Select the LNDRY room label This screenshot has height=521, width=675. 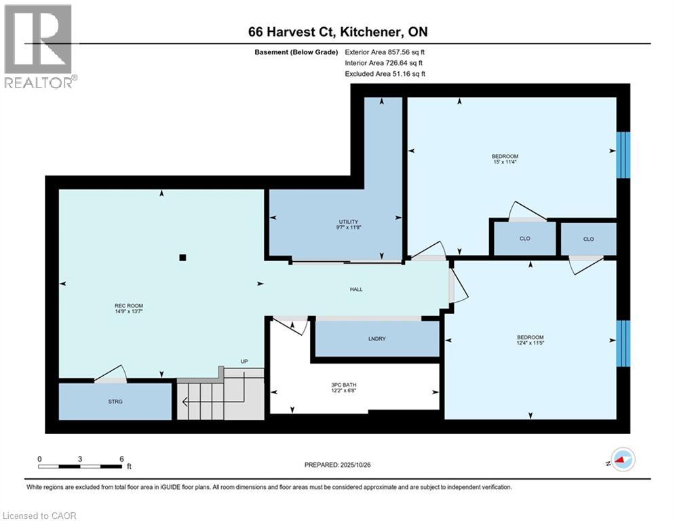(x=377, y=339)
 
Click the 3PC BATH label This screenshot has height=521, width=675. (x=353, y=387)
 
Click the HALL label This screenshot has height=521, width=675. (x=356, y=289)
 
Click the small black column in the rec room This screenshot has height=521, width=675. (x=182, y=257)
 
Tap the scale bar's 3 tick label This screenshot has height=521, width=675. (x=80, y=459)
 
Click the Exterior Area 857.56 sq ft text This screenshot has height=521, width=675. (x=385, y=52)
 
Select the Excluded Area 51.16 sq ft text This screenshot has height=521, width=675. (x=385, y=73)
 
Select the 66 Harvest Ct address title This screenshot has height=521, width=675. (x=337, y=32)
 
